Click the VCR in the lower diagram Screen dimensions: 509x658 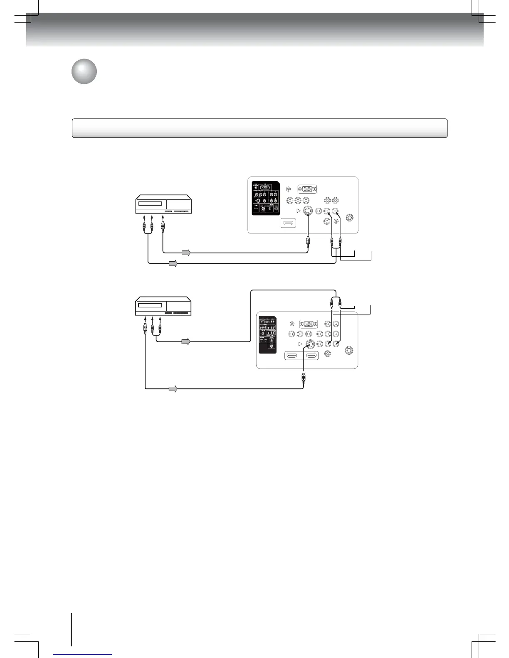tap(163, 306)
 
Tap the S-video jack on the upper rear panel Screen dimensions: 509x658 tap(307, 211)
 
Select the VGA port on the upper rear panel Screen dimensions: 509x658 tap(306, 189)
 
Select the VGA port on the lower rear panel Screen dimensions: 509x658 tap(308, 324)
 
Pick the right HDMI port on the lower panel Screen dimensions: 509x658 tap(312, 356)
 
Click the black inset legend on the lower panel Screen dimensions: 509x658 tap(268, 335)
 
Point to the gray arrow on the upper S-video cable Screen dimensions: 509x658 tap(186, 253)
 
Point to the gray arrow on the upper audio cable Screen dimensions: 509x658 tap(173, 263)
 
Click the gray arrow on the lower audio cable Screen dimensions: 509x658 tap(186, 342)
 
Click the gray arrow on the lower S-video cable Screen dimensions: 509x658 tap(173, 389)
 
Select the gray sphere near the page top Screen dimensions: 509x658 tap(84, 71)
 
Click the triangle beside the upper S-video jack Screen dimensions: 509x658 tap(298, 211)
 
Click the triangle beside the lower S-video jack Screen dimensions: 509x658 tap(300, 344)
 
